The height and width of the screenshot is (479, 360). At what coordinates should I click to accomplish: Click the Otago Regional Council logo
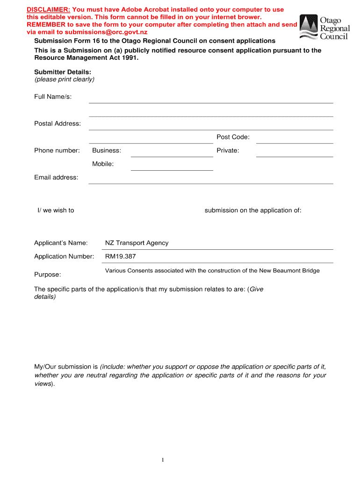(324, 27)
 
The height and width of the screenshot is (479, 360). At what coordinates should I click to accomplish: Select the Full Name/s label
(53, 97)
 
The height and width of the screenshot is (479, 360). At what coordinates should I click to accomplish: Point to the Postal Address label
(58, 123)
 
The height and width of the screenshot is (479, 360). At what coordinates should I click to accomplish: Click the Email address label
(56, 177)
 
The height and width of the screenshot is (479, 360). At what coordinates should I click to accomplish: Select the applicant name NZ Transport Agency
(137, 243)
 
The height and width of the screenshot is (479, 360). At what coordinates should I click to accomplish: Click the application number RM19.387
(120, 256)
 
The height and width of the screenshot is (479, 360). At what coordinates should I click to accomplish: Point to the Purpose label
(47, 274)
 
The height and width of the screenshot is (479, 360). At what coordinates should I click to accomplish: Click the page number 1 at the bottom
(163, 460)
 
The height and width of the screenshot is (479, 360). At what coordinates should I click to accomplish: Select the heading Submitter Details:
(63, 72)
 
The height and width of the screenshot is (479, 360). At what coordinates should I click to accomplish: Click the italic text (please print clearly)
(64, 79)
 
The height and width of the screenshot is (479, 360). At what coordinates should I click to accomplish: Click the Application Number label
(64, 256)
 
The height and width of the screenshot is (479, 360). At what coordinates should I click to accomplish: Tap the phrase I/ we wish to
(56, 210)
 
